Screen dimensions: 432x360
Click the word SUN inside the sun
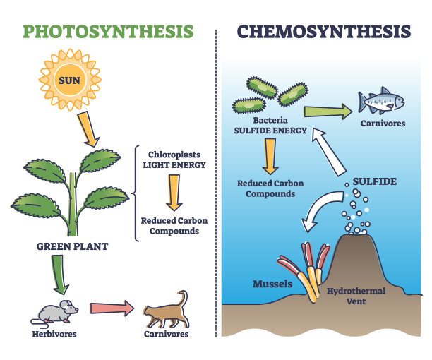point(69,80)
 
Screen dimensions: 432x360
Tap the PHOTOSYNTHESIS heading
point(108,31)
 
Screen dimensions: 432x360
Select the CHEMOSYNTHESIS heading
point(324,31)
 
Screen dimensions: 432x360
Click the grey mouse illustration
point(54,313)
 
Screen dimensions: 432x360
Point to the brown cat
point(167,310)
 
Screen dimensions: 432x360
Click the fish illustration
point(381,100)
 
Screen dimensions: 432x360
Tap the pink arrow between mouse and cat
point(112,308)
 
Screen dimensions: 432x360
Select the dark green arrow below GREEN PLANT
point(60,275)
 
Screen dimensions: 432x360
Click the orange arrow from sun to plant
point(88,129)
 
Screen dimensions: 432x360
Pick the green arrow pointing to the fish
point(328,112)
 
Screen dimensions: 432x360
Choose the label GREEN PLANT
point(72,246)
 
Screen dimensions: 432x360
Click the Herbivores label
point(54,334)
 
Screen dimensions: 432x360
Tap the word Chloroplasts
point(174,155)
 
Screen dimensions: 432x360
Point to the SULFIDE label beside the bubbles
point(375,181)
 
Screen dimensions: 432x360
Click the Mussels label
point(272,284)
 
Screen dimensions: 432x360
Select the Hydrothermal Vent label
point(356,296)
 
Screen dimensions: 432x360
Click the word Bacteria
point(270,120)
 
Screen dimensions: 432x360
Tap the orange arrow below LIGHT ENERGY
point(174,193)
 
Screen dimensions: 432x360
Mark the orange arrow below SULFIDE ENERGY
point(270,156)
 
